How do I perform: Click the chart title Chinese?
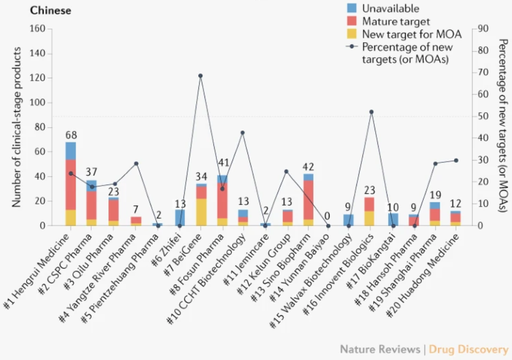[x=51, y=11]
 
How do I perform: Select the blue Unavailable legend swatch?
[x=352, y=8]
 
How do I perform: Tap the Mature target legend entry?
[x=396, y=22]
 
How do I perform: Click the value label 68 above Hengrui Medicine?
[x=71, y=136]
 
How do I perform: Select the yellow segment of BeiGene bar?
[x=201, y=212]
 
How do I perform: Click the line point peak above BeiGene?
[x=201, y=76]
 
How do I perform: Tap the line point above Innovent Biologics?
[x=371, y=112]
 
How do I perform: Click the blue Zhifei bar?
[x=180, y=217]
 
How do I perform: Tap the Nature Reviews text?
[x=380, y=349]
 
